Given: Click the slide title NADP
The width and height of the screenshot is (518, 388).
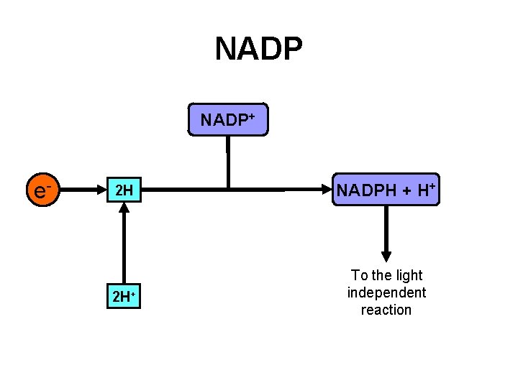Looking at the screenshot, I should [258, 49].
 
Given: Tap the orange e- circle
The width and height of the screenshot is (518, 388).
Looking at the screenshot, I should [42, 190].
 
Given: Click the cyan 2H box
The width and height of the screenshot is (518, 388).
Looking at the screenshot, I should [124, 190].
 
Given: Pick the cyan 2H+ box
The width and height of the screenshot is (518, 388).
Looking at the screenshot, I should [124, 296].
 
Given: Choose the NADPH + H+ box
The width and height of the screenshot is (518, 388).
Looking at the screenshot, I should [386, 190].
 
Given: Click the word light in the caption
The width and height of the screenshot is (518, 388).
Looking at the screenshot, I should [409, 275].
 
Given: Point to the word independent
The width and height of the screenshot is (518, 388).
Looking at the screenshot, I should [386, 292].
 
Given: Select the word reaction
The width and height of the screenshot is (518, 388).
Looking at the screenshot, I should [386, 310].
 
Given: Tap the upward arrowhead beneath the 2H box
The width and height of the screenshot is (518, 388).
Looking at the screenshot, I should [124, 208].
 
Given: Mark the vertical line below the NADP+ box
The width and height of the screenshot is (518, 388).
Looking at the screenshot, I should [227, 162].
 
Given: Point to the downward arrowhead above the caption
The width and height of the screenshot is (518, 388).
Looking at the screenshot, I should [386, 255].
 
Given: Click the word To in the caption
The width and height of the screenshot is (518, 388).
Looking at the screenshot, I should [358, 275].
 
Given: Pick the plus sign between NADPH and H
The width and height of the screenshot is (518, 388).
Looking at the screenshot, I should [406, 191].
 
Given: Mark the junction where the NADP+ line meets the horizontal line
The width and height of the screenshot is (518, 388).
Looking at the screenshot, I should [227, 190].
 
